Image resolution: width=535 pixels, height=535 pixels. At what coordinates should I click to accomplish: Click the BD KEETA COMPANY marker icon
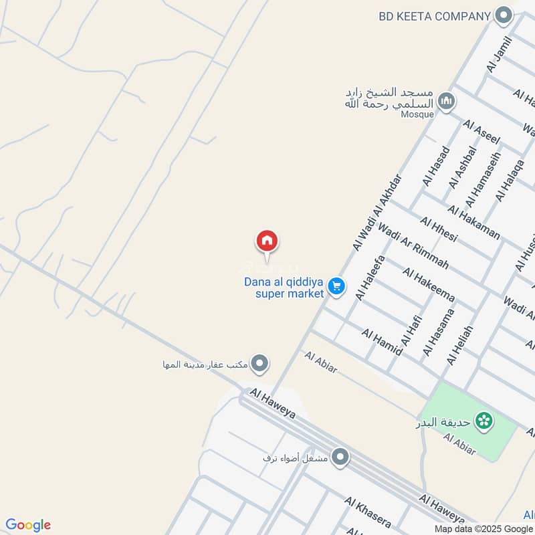point(504,16)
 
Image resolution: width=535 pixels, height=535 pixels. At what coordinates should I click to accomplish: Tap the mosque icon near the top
point(447,102)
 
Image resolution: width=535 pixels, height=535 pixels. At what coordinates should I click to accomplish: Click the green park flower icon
point(484,421)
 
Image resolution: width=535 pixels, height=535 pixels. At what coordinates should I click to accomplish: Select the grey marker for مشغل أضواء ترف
point(340,457)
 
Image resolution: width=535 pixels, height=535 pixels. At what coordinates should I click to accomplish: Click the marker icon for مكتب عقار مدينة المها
point(260,364)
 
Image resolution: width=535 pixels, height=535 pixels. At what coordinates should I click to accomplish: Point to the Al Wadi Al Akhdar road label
point(379,213)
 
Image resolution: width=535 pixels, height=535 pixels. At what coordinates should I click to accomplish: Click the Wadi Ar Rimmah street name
point(413,246)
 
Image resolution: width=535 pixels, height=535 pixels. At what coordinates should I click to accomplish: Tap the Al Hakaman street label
point(474,223)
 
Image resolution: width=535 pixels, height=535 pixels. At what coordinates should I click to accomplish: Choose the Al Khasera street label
point(368,512)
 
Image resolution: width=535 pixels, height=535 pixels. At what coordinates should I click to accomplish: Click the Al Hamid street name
point(382,342)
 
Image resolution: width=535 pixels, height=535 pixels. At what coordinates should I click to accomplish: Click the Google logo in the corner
point(28,525)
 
